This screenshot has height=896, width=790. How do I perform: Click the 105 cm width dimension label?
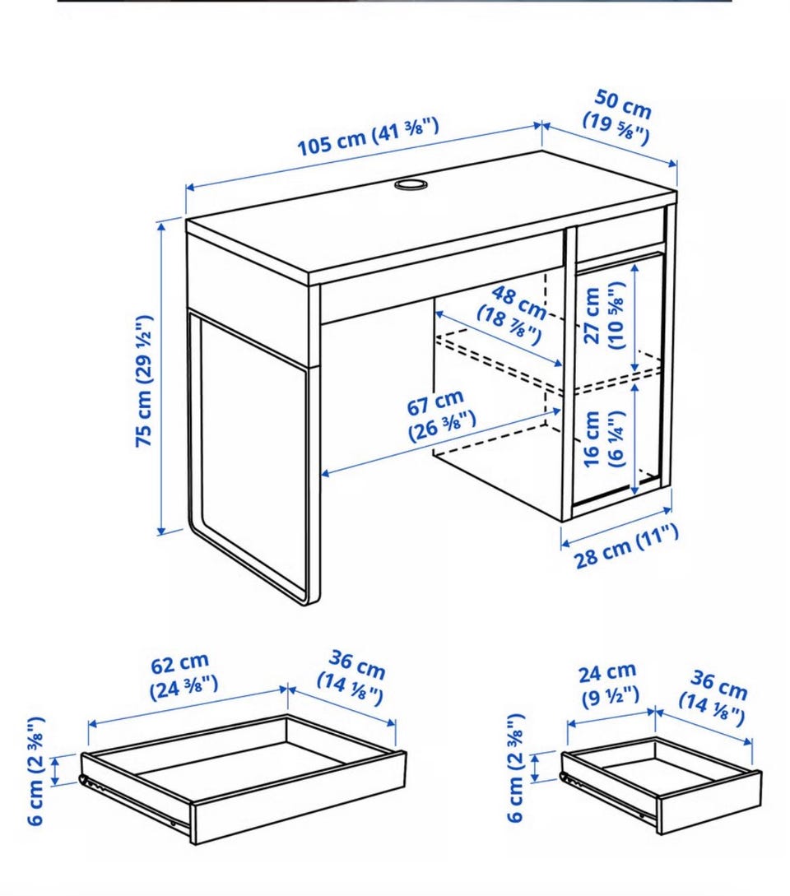368,136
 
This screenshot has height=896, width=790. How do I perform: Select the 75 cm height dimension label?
143,381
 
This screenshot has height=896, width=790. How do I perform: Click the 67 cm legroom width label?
439,416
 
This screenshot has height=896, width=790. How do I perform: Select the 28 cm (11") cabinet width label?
626,546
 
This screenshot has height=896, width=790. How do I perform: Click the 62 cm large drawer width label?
183,676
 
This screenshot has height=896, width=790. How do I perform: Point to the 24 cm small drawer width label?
608,684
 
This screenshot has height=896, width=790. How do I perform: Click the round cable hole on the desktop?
410,184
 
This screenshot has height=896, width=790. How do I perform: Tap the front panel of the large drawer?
299,798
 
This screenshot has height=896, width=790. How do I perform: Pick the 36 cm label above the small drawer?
714,698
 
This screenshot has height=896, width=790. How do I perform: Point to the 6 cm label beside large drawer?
36,771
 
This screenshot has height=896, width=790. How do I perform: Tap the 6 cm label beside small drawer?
515,768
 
